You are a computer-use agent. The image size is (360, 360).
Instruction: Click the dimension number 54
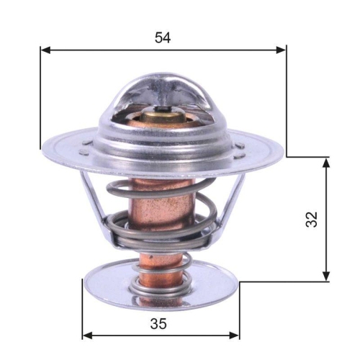click(x=163, y=37)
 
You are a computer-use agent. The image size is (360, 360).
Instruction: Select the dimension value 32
click(x=311, y=219)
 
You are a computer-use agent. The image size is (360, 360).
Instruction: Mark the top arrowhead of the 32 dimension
click(x=327, y=162)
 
